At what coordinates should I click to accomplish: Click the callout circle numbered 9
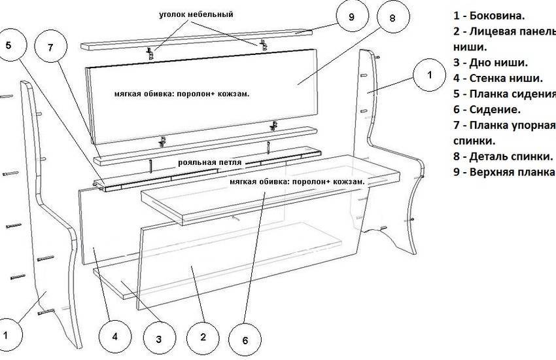351,18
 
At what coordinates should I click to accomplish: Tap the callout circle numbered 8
392,18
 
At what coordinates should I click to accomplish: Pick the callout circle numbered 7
51,50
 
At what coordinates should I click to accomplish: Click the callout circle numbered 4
114,337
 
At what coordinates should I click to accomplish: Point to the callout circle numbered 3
158,340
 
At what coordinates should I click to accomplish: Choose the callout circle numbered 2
203,337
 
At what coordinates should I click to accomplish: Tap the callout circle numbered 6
245,340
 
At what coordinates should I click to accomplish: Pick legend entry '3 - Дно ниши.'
490,63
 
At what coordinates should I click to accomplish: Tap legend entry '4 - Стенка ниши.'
496,79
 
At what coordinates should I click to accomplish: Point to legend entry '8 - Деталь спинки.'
502,156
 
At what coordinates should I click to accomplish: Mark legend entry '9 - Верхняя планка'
504,172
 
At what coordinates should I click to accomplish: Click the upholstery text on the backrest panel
182,94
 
